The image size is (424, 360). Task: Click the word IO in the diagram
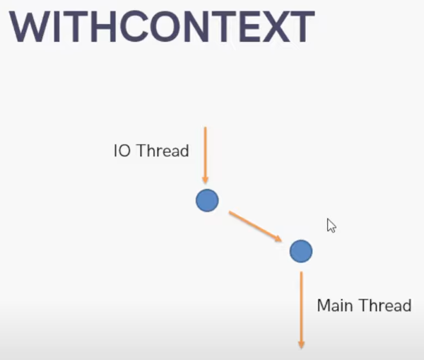click(121, 151)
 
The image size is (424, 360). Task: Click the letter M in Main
click(324, 306)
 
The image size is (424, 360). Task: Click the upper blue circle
click(207, 201)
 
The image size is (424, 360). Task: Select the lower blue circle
click(300, 250)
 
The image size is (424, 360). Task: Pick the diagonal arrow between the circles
click(254, 226)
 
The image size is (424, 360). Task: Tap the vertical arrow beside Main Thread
click(301, 308)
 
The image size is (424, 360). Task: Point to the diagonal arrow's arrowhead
click(278, 238)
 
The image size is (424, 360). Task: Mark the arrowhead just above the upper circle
click(205, 180)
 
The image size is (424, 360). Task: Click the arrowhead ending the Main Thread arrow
click(301, 344)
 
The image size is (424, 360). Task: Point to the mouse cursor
click(331, 225)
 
